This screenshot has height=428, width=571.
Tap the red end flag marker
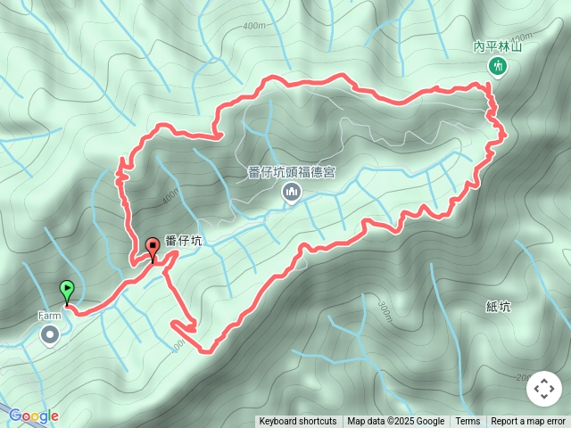(x=153, y=247)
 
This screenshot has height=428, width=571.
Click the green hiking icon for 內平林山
(x=497, y=66)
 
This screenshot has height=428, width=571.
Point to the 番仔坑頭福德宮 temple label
(x=291, y=173)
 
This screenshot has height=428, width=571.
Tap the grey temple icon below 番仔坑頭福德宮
(x=291, y=192)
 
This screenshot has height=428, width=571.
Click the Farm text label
(x=49, y=316)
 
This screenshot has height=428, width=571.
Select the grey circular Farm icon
(x=50, y=334)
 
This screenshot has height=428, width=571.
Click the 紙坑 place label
(x=499, y=307)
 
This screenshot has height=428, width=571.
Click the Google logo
(x=33, y=416)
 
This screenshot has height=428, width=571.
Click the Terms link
(x=468, y=422)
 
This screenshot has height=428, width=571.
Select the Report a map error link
(x=528, y=422)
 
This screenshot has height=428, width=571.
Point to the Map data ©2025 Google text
(x=396, y=422)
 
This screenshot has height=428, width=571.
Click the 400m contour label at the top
(x=253, y=27)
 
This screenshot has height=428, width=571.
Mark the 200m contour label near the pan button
(x=521, y=375)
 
